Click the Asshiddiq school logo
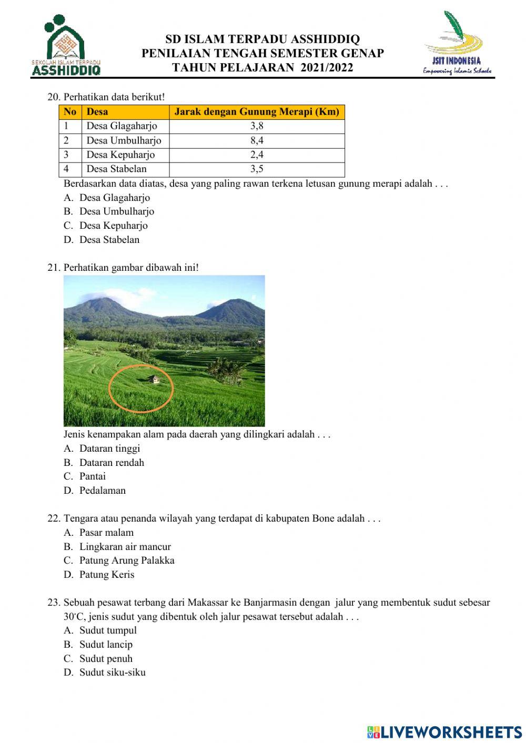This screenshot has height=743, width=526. (66, 45)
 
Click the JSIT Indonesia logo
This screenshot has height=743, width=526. (457, 45)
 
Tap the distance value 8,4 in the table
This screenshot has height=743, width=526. (257, 140)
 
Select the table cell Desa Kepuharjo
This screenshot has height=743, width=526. (120, 155)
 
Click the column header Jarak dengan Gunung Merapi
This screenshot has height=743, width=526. (257, 111)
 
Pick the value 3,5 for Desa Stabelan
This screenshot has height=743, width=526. (257, 169)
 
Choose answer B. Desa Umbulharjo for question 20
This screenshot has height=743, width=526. (116, 211)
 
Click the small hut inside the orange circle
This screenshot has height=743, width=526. (153, 379)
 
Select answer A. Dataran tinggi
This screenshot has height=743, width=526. (109, 449)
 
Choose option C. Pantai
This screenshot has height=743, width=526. (92, 476)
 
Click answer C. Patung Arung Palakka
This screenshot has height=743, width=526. (126, 561)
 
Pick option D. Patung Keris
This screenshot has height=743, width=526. (106, 575)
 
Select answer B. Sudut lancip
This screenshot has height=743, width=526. (105, 645)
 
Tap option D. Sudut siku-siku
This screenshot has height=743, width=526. (112, 673)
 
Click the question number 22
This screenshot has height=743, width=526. (54, 518)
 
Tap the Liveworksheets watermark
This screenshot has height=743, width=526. (444, 732)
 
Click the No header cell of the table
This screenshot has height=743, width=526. (70, 111)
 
